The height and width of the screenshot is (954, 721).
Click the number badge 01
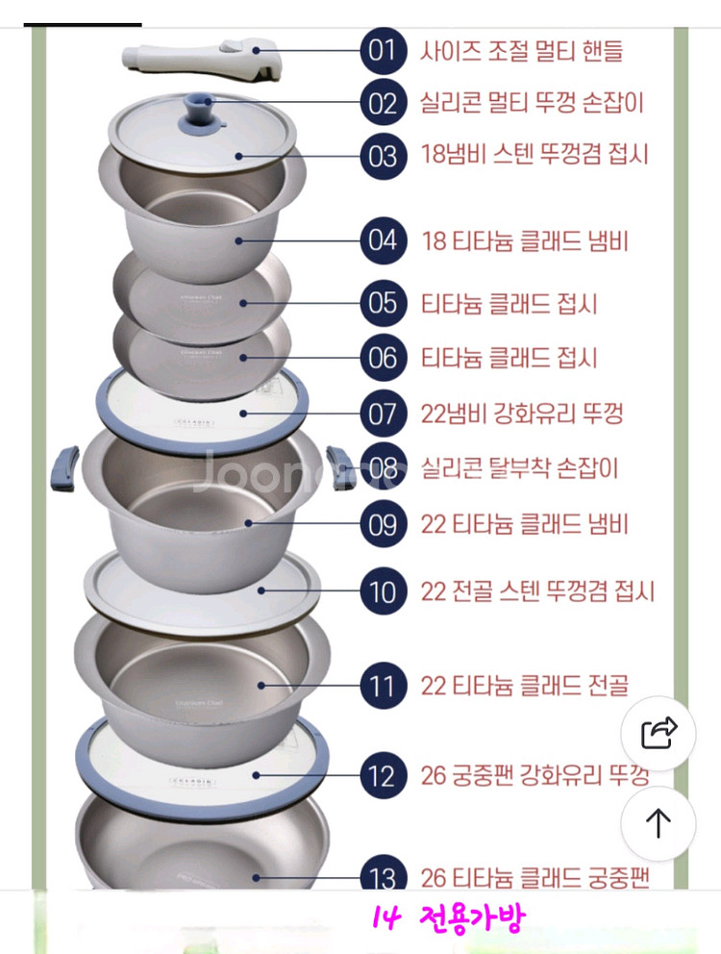(x=383, y=50)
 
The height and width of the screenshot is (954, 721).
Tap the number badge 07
(x=383, y=414)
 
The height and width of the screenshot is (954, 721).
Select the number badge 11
(x=383, y=687)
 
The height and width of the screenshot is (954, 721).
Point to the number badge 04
(x=383, y=240)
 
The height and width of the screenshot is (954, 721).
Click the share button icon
(x=659, y=734)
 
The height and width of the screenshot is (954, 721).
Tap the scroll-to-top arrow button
(x=659, y=823)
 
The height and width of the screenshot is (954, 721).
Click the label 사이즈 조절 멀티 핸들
(x=521, y=50)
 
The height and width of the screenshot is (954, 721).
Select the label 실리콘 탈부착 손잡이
(x=519, y=468)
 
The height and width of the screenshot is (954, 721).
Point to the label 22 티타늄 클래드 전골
(x=524, y=687)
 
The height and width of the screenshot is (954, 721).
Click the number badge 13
(x=383, y=878)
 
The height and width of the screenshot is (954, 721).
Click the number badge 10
(x=383, y=591)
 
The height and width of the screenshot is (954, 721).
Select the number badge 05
(x=383, y=304)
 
